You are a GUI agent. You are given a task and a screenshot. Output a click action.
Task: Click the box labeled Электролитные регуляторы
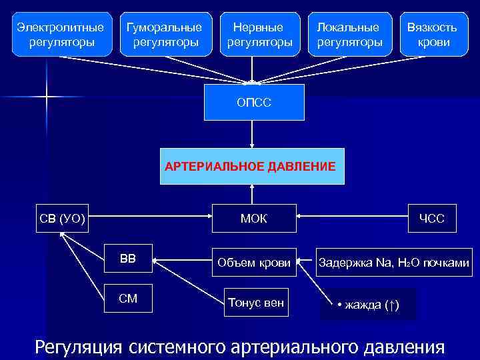(x=61, y=35)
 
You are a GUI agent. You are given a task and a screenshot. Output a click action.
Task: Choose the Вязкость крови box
(x=433, y=35)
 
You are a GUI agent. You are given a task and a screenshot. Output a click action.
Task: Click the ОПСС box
(x=254, y=102)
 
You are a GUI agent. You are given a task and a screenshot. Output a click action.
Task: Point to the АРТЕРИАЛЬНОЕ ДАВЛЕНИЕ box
(x=251, y=165)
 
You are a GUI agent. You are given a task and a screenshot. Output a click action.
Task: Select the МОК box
(x=254, y=218)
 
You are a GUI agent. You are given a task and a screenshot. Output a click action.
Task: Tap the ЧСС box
(x=432, y=218)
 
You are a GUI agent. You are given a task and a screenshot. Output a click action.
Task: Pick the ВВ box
(x=128, y=259)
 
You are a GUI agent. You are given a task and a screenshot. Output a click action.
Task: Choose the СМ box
(x=128, y=298)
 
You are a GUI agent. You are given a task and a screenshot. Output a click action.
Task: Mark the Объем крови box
(x=254, y=263)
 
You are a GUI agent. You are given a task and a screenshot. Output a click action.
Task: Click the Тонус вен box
(x=256, y=303)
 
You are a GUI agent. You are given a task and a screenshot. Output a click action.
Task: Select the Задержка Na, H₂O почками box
(x=394, y=263)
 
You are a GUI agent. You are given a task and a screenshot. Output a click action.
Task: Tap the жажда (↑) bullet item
(x=368, y=305)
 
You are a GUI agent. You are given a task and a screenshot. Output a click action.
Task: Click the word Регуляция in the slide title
(x=79, y=347)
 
